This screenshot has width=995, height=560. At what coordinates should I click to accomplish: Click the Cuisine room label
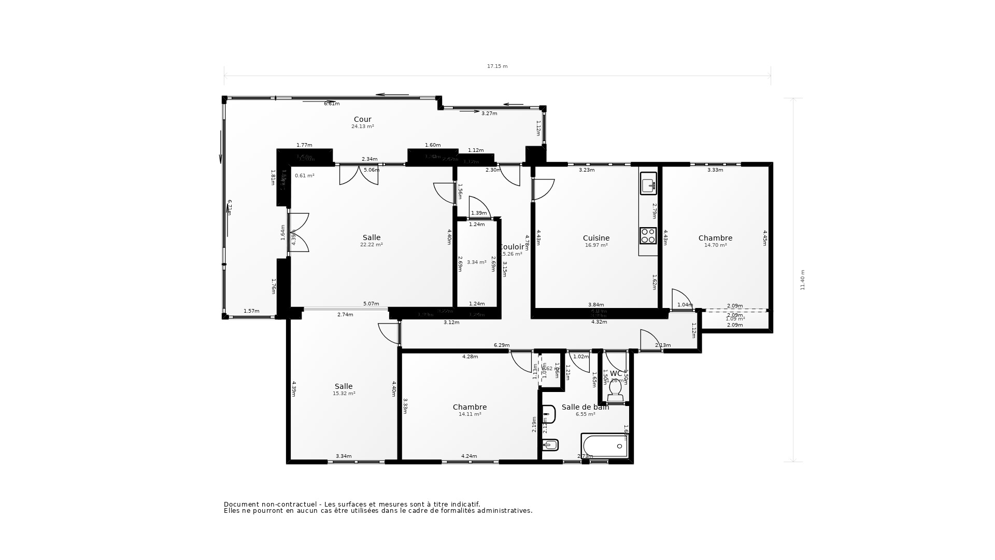coord(596,239)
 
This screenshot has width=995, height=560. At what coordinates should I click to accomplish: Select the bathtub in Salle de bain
coord(605,446)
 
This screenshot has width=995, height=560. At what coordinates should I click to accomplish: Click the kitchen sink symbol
coord(648,184)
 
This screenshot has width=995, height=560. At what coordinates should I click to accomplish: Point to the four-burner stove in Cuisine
coord(648,236)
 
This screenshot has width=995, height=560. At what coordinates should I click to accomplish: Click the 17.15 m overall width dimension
coord(497,66)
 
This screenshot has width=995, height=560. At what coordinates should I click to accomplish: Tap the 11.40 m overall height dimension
coord(803,280)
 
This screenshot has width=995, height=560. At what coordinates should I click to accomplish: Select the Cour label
coord(362,119)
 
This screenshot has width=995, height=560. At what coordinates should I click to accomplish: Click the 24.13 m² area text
coord(362,127)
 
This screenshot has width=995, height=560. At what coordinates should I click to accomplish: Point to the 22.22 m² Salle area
coord(371,245)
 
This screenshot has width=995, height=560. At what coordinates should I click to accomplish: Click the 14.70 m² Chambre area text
coord(715,245)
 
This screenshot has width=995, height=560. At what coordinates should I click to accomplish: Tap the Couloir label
coord(512,247)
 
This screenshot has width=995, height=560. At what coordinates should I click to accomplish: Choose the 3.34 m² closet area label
coord(476,262)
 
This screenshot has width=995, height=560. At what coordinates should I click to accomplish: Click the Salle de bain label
coord(585,407)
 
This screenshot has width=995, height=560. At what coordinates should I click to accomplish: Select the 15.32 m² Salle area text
coord(344,394)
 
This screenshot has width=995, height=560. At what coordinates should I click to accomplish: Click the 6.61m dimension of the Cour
coord(332,104)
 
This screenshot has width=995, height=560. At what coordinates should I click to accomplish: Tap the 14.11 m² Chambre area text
coord(470,414)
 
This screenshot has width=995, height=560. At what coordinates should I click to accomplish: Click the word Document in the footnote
coord(241,504)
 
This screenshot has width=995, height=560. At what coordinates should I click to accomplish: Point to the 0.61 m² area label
coord(304,176)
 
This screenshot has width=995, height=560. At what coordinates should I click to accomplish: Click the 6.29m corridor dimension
coord(501,345)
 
